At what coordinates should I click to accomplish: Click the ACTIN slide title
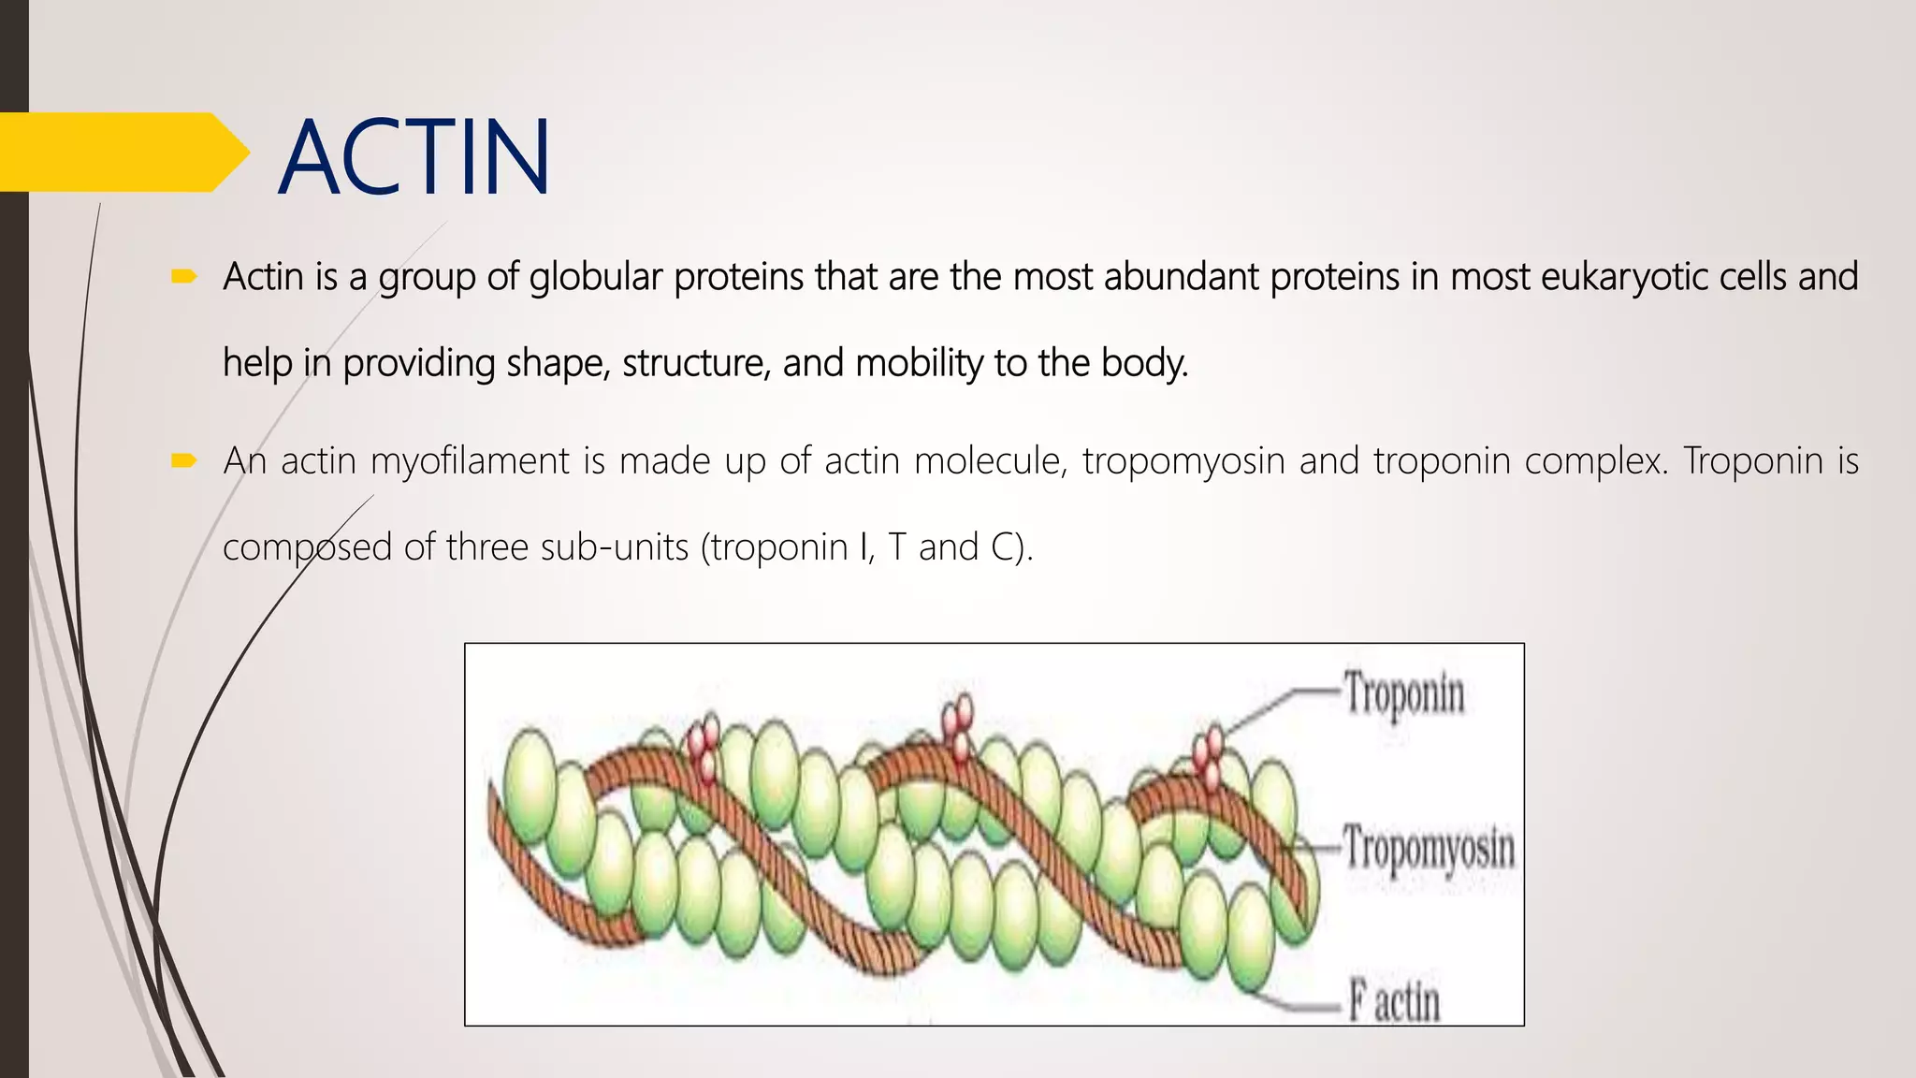(414, 157)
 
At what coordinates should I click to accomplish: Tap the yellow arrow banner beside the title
(122, 153)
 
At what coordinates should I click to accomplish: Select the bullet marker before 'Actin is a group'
(182, 276)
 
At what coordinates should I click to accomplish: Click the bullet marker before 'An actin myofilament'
(182, 460)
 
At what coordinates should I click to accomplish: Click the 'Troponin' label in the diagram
(1403, 695)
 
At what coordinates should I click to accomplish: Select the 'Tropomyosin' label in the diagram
(1429, 849)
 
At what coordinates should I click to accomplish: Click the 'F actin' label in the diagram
(1393, 1000)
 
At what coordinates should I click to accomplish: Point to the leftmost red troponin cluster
(704, 746)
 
